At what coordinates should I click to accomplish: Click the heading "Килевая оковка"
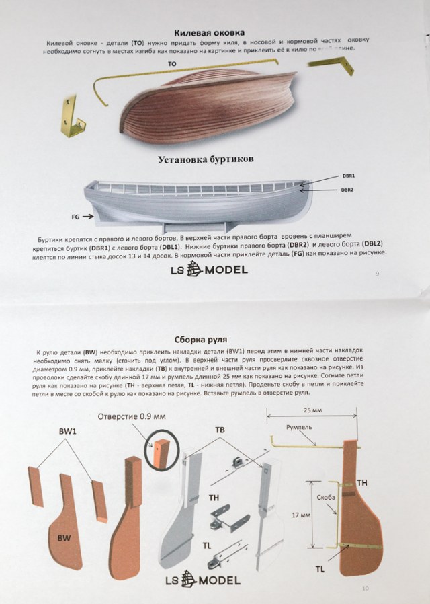coord(208,32)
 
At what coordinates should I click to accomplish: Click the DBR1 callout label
coord(348,176)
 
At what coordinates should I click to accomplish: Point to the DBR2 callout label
coord(347,190)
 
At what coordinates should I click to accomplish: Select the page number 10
coord(365,589)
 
